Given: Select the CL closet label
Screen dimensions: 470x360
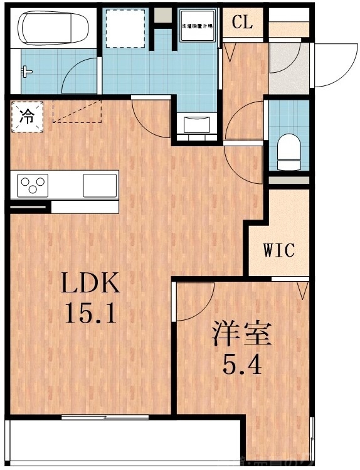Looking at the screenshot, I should [x=242, y=23].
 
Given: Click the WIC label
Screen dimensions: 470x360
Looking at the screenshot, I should [x=278, y=250].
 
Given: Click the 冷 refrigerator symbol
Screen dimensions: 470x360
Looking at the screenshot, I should [x=26, y=116].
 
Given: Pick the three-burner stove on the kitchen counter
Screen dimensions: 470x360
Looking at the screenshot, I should [x=33, y=184].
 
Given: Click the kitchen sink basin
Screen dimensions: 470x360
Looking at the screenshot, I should [x=100, y=185].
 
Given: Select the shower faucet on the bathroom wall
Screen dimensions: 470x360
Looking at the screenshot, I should [x=26, y=71].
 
